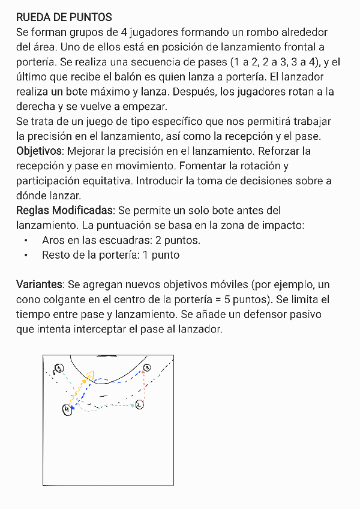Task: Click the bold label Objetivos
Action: [x=39, y=151]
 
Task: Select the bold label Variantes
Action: [x=40, y=285]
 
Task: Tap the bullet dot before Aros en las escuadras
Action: [x=26, y=240]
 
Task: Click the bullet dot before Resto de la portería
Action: [x=26, y=255]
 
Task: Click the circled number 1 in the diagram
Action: [x=59, y=367]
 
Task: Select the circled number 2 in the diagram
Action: [x=139, y=405]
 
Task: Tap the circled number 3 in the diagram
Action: [x=147, y=367]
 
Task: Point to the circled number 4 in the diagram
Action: [x=66, y=409]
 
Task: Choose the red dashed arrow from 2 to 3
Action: [x=144, y=387]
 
